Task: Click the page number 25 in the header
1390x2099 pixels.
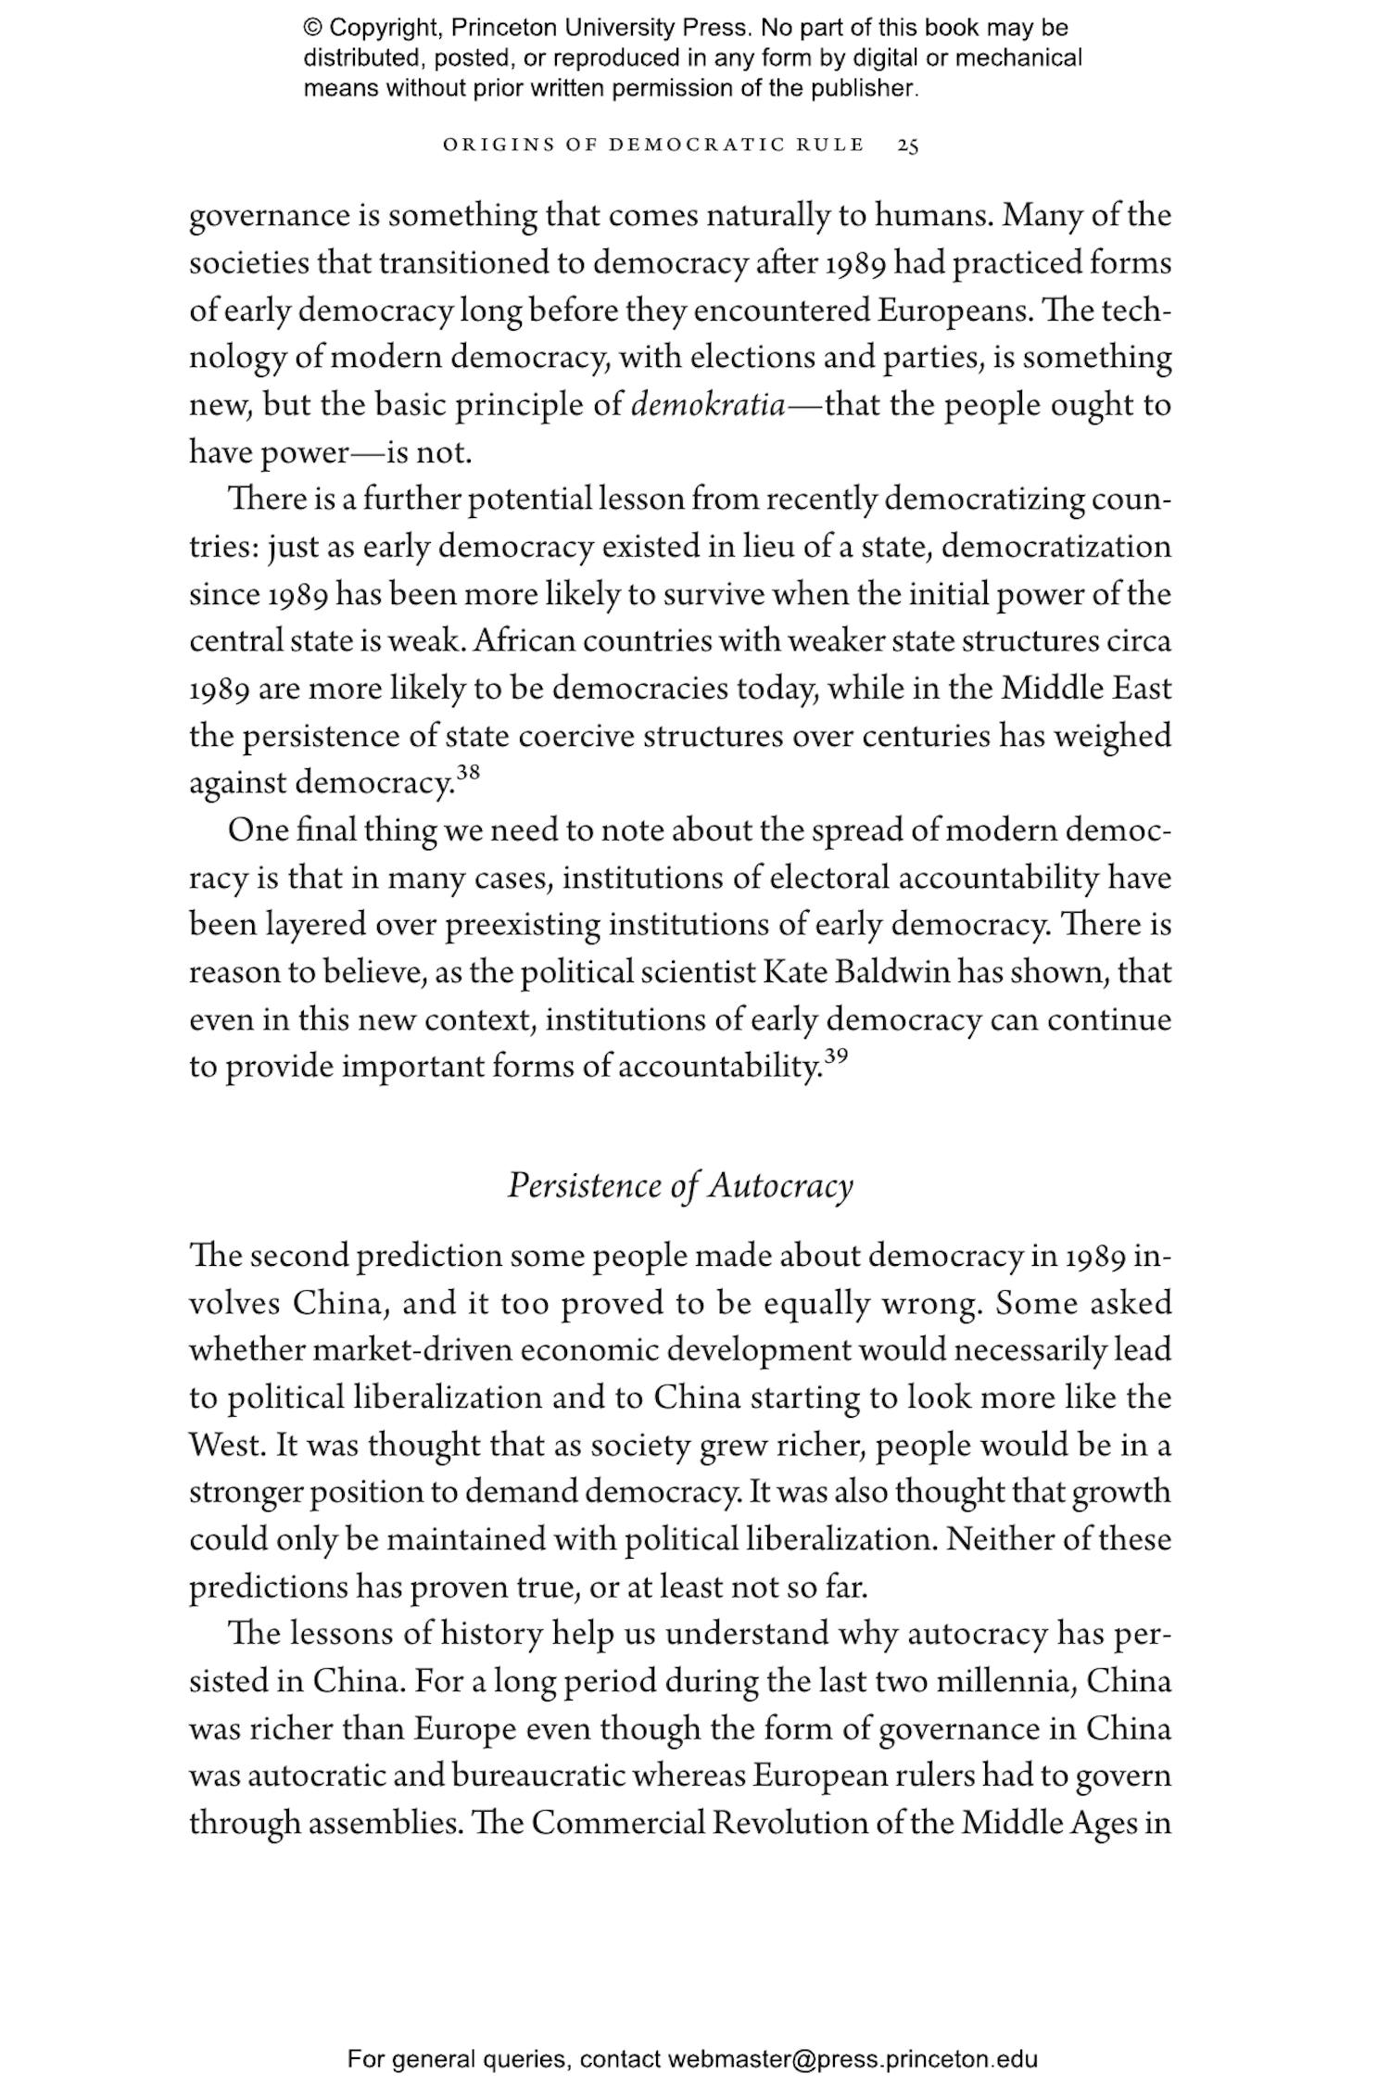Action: coord(908,145)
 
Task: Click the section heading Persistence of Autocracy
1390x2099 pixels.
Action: coord(680,1186)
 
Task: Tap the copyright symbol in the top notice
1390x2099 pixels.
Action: coord(312,28)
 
